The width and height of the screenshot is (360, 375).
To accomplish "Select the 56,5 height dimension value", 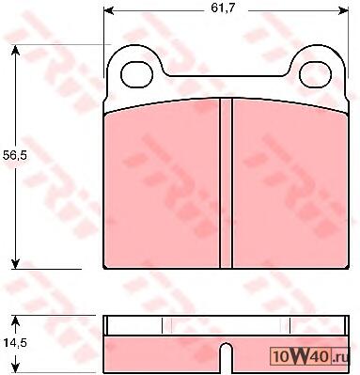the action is (x=14, y=155).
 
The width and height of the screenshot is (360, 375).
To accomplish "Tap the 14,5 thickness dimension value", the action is (x=16, y=343).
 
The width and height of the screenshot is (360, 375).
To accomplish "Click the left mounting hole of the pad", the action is (x=136, y=74).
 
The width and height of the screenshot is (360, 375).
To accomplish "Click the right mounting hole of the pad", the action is (x=315, y=74).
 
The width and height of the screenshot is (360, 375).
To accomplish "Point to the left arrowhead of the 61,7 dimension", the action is (x=108, y=10).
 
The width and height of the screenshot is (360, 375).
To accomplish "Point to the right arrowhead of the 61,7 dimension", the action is (x=344, y=10).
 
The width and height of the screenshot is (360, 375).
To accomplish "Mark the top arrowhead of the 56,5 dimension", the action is (x=15, y=50).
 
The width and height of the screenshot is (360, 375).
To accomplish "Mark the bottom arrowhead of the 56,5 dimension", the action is (x=15, y=264).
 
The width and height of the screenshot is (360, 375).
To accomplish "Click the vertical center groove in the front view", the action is (x=226, y=183).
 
